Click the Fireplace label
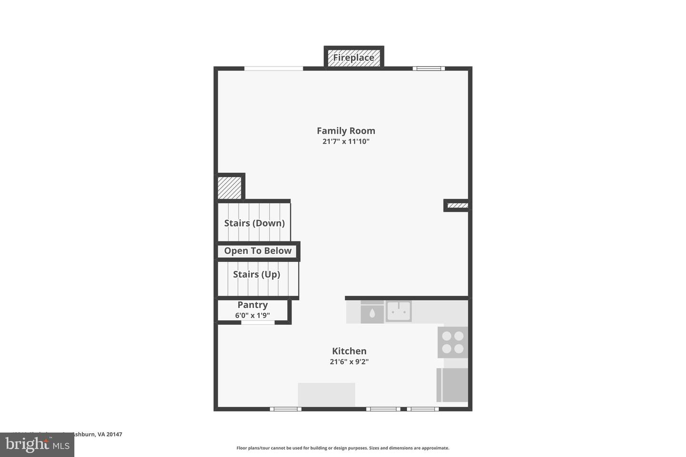pyautogui.click(x=353, y=58)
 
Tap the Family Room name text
pyautogui.click(x=346, y=131)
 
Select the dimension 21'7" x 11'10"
pyautogui.click(x=346, y=141)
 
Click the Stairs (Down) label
pyautogui.click(x=254, y=223)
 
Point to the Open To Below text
pyautogui.click(x=258, y=251)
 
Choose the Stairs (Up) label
pyautogui.click(x=256, y=274)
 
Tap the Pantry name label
pyautogui.click(x=252, y=305)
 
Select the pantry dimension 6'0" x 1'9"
pyautogui.click(x=252, y=315)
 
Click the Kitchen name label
pyautogui.click(x=349, y=351)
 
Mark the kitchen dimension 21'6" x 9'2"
pyautogui.click(x=349, y=362)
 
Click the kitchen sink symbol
pyautogui.click(x=398, y=311)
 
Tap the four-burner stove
pyautogui.click(x=453, y=342)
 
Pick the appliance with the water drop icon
pyautogui.click(x=372, y=312)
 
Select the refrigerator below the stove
pyautogui.click(x=452, y=385)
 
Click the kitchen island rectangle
pyautogui.click(x=326, y=395)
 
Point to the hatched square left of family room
pyautogui.click(x=230, y=188)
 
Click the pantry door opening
pyautogui.click(x=258, y=323)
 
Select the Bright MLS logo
pyautogui.click(x=37, y=445)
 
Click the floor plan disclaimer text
pyautogui.click(x=343, y=448)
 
